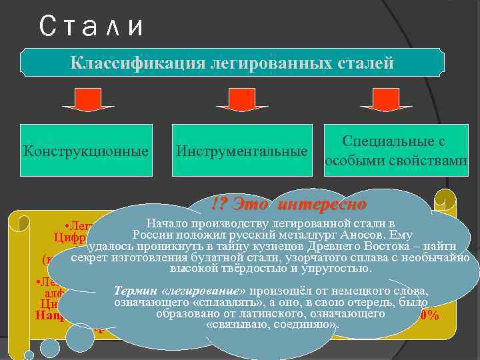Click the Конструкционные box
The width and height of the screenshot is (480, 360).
[x=86, y=150]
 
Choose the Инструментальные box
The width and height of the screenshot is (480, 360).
[x=241, y=151]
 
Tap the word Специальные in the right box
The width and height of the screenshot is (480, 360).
[x=394, y=141]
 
